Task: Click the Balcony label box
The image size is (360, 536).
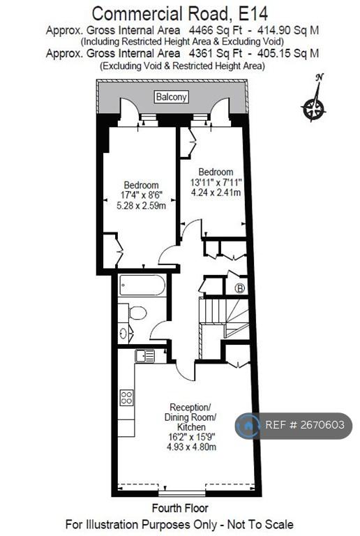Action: [171, 97]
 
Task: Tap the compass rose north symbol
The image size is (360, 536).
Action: [314, 103]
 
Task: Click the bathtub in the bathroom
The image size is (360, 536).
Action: [142, 285]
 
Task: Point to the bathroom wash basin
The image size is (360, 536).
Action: [123, 332]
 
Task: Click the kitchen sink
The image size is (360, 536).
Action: [145, 356]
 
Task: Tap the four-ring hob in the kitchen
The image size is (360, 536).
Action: [126, 397]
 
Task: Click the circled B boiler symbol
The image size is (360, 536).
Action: [240, 288]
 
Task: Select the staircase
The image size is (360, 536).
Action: [224, 318]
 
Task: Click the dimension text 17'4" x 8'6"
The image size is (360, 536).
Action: [141, 195]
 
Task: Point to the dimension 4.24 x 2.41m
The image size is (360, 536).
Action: [216, 192]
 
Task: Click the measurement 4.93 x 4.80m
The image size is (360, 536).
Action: [191, 447]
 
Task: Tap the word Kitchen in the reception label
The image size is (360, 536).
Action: [191, 427]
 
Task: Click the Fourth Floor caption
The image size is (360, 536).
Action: [180, 508]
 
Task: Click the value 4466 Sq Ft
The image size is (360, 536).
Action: [215, 31]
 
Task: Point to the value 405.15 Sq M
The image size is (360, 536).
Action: [288, 53]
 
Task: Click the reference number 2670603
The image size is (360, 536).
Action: [322, 424]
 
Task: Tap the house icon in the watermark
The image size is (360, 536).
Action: [248, 426]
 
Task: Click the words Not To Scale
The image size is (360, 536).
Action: [260, 524]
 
